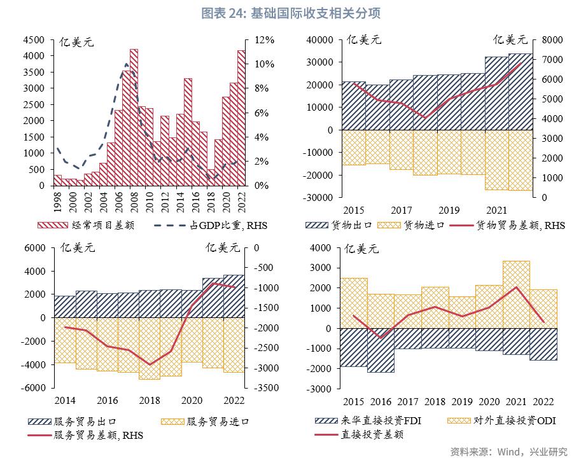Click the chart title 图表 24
point(290,13)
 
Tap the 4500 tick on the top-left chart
point(32,40)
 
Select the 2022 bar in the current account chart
point(241,118)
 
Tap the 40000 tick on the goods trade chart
point(320,40)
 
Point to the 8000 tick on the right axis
point(548,40)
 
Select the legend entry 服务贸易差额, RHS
point(99,435)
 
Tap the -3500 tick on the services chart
point(266,387)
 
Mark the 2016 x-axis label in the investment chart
point(381,402)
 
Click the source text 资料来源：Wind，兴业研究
point(508,452)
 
